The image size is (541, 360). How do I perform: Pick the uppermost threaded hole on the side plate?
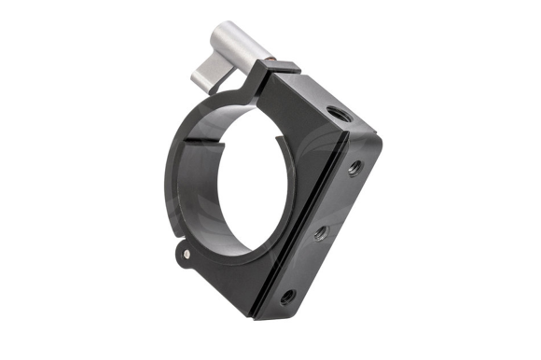tap(354, 169)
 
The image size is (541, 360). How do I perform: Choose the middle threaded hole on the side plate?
tap(320, 232)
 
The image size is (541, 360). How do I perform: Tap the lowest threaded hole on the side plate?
tap(287, 297)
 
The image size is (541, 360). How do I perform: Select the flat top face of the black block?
tap(317, 98)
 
